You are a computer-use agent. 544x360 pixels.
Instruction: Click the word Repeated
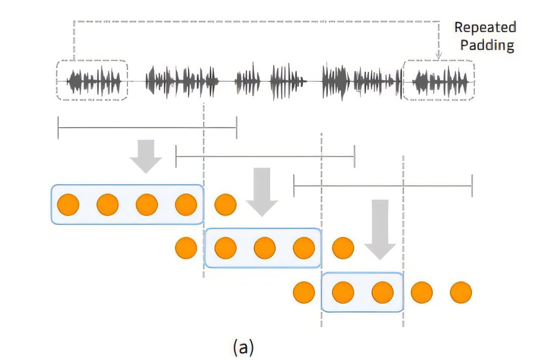(x=485, y=27)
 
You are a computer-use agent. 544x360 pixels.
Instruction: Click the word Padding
(x=487, y=45)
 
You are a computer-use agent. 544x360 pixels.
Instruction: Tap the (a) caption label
(x=244, y=347)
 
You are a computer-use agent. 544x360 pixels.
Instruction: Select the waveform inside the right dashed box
(x=439, y=80)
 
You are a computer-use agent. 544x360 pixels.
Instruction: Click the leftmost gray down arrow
(x=146, y=156)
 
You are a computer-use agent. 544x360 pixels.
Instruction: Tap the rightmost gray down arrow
(x=380, y=229)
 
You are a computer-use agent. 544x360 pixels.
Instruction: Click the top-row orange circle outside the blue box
(x=225, y=204)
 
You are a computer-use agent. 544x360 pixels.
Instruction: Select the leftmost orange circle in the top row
(x=68, y=204)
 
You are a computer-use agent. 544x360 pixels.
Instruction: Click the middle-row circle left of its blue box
(x=186, y=248)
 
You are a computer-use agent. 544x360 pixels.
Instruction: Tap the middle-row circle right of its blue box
(x=343, y=248)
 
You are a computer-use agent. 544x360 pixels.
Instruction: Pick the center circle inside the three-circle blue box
(x=265, y=248)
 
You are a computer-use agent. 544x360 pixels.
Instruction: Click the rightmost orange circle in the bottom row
(x=461, y=292)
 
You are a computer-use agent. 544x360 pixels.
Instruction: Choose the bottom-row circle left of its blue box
(x=304, y=292)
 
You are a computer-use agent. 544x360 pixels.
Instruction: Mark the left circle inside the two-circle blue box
(x=343, y=292)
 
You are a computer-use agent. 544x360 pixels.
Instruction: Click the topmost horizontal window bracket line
(x=147, y=127)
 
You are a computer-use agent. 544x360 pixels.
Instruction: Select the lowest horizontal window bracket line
(x=382, y=186)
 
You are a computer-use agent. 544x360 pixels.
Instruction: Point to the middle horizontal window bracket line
(x=265, y=156)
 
